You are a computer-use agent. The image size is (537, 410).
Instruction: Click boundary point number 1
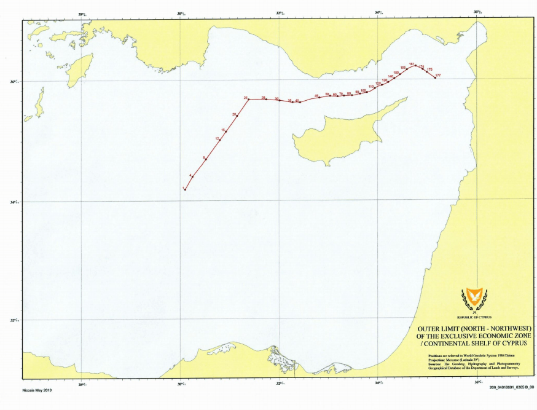click(x=186, y=189)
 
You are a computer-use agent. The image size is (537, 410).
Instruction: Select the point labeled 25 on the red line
click(x=248, y=100)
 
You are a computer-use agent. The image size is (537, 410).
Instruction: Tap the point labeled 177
click(x=435, y=78)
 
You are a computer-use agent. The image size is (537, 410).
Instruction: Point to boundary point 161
click(x=415, y=65)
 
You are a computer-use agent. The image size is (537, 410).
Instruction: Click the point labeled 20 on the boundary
click(x=237, y=116)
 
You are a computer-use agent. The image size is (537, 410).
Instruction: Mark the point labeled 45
click(x=319, y=98)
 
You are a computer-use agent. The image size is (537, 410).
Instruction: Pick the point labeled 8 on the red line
click(x=206, y=160)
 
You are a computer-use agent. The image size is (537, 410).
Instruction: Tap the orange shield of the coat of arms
click(x=474, y=296)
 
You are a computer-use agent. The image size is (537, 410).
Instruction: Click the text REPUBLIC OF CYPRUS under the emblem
click(x=474, y=317)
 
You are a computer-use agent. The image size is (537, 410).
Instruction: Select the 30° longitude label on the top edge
click(x=180, y=14)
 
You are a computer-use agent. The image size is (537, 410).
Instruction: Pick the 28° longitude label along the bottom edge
click(x=81, y=384)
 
